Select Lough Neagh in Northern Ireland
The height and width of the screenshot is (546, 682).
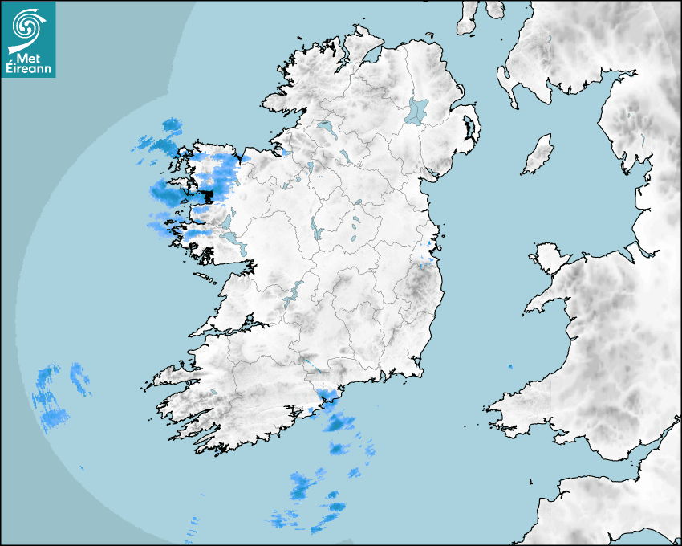point(417,110)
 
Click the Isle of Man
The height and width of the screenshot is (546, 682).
point(538,155)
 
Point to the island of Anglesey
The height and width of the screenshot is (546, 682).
point(549,258)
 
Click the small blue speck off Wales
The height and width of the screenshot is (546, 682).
point(509,367)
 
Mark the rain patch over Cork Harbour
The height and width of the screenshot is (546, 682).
point(326,397)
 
